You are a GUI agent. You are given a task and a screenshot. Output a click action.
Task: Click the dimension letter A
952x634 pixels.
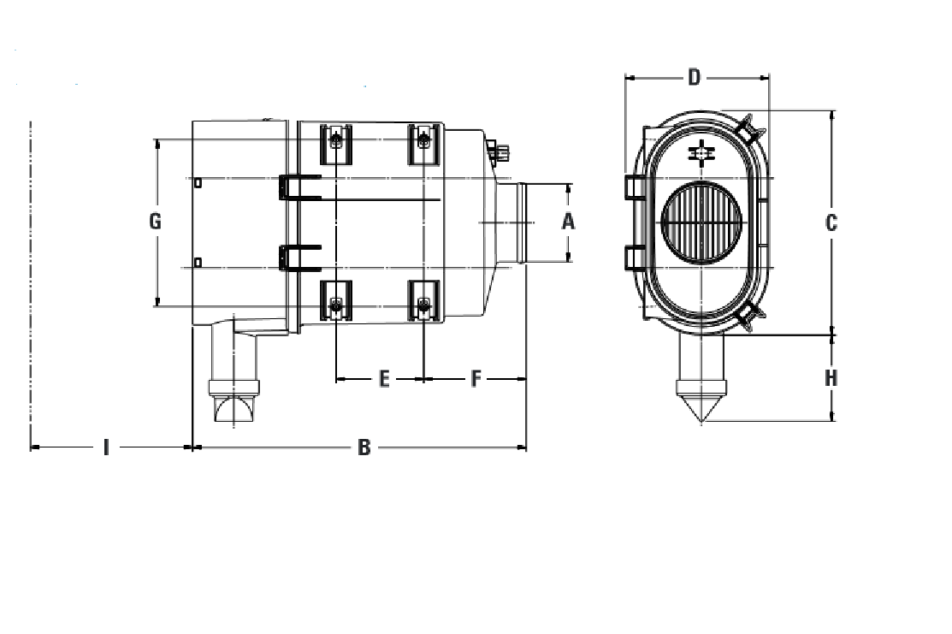[x=568, y=222]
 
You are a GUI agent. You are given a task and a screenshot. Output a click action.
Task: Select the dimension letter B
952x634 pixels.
[x=364, y=447]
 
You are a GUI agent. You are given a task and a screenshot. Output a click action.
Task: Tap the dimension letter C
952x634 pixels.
[x=831, y=223]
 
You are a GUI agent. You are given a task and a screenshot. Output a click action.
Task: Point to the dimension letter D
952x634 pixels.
[x=695, y=78]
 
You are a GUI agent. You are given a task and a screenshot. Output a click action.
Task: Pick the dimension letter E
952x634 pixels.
[x=384, y=378]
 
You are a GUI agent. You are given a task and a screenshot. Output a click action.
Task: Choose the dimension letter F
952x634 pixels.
[x=476, y=378]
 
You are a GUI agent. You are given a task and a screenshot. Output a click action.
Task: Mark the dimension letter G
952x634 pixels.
[x=156, y=222]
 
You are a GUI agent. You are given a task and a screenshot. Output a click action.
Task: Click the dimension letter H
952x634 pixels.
[x=831, y=378]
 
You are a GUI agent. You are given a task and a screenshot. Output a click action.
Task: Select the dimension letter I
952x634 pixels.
[x=106, y=447]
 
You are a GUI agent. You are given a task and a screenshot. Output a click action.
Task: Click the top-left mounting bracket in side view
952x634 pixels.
[x=336, y=143]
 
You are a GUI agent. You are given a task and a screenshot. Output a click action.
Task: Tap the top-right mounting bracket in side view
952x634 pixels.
[x=424, y=143]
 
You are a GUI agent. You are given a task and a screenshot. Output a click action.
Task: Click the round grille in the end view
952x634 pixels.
[x=701, y=222]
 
